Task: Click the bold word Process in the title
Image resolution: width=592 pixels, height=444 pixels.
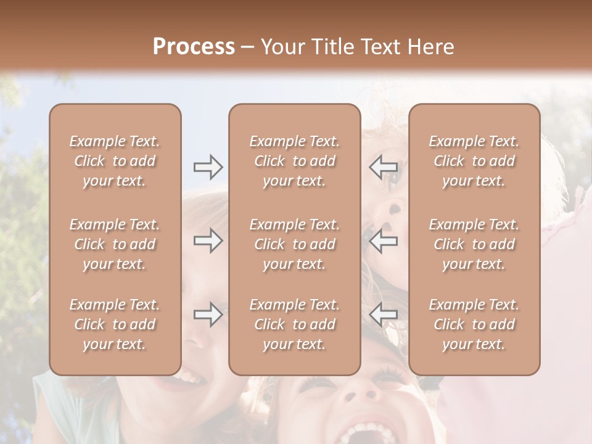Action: (x=194, y=47)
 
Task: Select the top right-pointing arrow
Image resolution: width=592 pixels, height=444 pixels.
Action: (x=208, y=167)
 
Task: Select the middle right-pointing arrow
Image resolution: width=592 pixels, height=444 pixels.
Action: (x=208, y=240)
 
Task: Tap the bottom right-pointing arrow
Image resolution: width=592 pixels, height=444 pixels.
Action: (x=208, y=315)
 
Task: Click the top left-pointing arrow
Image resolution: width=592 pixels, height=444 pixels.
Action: (x=384, y=167)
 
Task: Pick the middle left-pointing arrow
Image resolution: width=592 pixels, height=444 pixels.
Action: (x=384, y=240)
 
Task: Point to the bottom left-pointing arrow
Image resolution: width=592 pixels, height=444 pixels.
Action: (x=384, y=315)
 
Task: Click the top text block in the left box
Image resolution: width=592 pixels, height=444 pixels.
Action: (x=115, y=161)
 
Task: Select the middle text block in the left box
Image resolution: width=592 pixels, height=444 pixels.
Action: (x=115, y=244)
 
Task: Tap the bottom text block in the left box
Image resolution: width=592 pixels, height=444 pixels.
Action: (x=115, y=324)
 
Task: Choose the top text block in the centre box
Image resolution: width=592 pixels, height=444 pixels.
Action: (x=294, y=161)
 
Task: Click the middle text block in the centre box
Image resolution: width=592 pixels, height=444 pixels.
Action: (x=294, y=244)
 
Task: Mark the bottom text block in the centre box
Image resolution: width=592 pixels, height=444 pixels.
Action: (x=294, y=324)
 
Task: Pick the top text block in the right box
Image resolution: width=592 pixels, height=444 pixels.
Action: (x=474, y=161)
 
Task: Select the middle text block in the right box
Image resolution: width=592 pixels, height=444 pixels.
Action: (x=474, y=244)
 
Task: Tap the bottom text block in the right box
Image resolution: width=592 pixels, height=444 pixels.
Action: (x=474, y=324)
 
